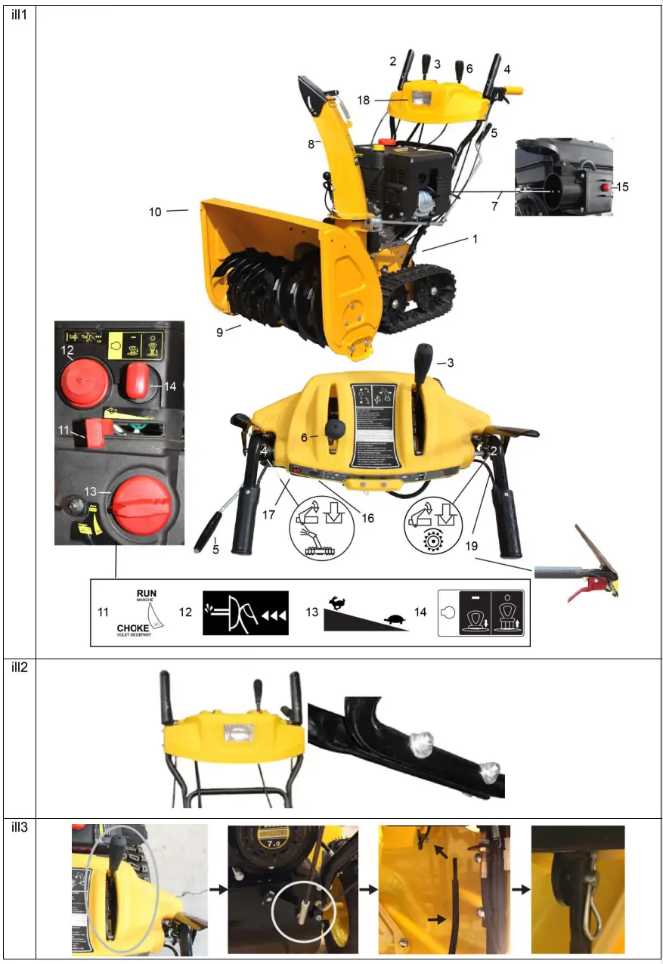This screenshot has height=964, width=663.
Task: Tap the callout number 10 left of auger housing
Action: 155,212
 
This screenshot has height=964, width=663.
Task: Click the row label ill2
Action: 20,668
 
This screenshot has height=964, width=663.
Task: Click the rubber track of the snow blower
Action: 420,295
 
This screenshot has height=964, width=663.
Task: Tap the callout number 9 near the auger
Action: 220,331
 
